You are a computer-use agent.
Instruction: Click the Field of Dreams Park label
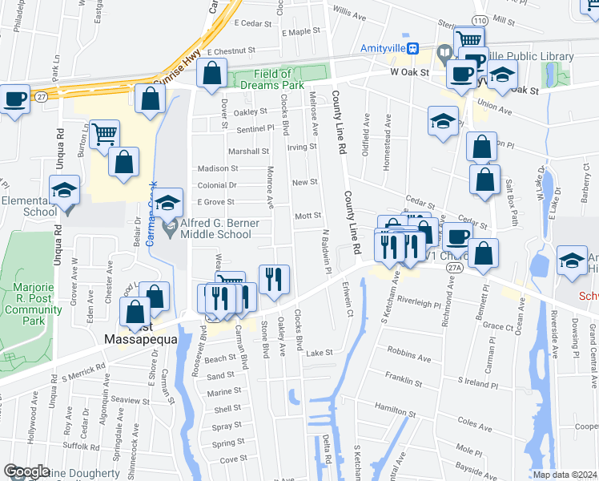coord(279,79)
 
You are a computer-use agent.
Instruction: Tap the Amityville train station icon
coord(412,48)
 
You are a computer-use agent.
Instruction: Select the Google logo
coord(26,471)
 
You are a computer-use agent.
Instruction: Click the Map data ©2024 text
coord(565,475)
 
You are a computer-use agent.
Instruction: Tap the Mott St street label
coord(308,216)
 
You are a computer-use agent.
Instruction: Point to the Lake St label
coord(318,353)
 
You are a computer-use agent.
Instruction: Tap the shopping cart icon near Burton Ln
coord(105,135)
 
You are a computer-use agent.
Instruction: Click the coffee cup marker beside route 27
coord(15,101)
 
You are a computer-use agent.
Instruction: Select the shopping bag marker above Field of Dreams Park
coord(211,75)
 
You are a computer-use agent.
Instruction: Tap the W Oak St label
coord(410,72)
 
